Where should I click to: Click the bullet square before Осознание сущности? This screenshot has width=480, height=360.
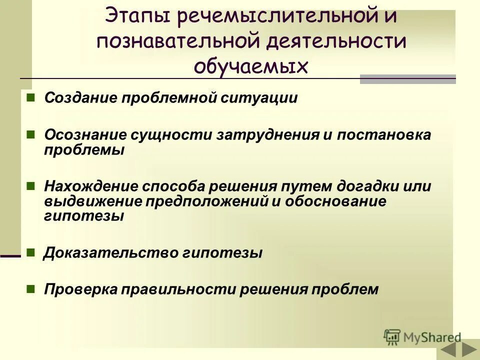click(x=30, y=134)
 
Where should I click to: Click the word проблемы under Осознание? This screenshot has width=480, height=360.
click(x=84, y=149)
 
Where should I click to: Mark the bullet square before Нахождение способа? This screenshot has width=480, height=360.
click(x=30, y=186)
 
